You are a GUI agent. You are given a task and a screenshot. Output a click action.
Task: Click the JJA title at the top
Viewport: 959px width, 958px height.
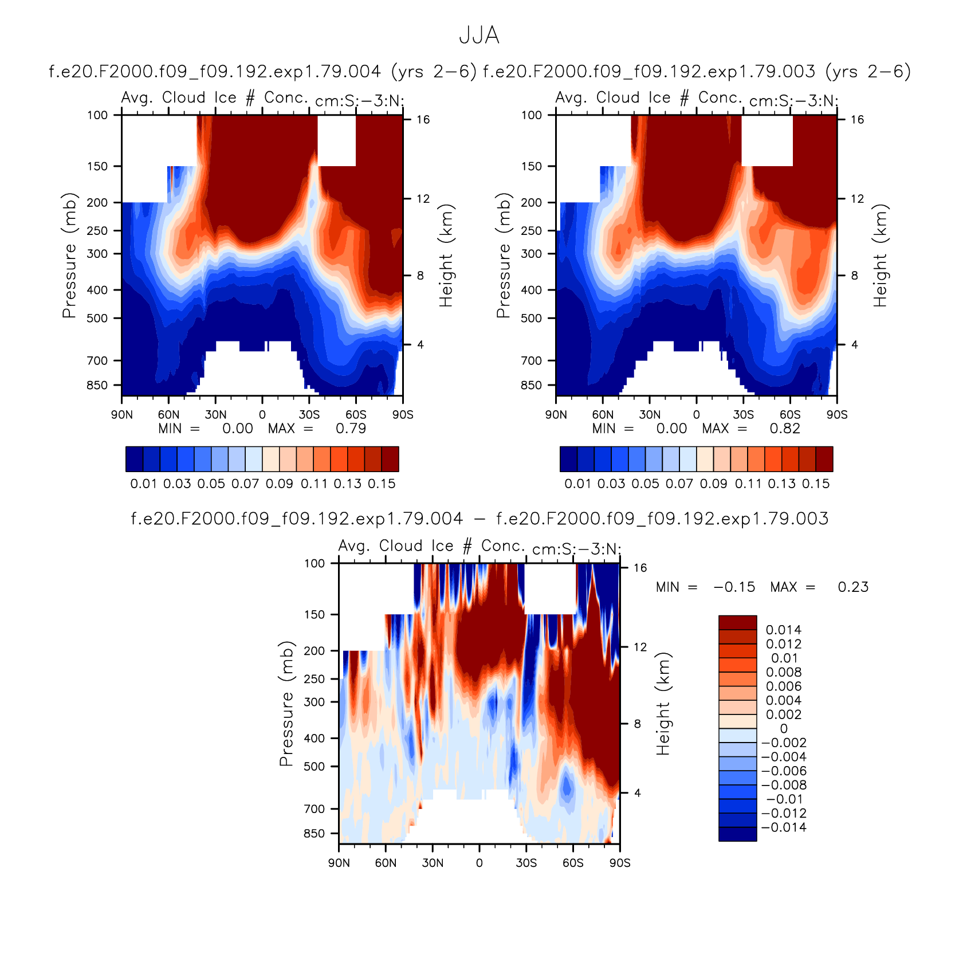tap(479, 36)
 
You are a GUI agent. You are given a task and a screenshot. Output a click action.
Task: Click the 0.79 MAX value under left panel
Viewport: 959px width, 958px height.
tap(351, 429)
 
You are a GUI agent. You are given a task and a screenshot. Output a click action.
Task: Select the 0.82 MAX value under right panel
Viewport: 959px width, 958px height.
tap(785, 429)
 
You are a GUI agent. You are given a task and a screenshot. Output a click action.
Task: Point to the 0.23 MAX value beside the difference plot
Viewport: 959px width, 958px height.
tap(853, 587)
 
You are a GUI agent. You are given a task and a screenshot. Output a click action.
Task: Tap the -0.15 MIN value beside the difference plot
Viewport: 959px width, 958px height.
tap(734, 587)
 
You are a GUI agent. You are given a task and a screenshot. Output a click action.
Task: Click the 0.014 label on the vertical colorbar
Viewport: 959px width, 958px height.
tap(784, 630)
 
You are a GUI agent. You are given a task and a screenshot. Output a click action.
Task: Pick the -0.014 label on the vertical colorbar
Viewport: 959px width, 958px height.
tap(784, 827)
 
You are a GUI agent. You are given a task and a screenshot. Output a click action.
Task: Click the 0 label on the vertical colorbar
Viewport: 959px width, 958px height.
tap(784, 729)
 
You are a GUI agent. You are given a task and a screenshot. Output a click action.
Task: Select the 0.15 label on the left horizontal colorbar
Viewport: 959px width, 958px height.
tap(382, 484)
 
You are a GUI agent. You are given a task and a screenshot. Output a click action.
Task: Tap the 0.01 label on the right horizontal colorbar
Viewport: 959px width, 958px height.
tap(577, 484)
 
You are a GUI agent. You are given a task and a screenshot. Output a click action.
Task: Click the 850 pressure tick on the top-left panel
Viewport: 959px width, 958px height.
tap(97, 385)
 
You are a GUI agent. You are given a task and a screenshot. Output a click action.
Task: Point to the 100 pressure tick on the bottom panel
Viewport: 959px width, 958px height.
tap(315, 563)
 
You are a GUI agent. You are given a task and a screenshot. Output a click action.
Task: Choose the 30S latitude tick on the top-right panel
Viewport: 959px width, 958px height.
tap(743, 414)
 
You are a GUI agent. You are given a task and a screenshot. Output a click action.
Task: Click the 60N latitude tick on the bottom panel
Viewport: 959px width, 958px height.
tap(386, 863)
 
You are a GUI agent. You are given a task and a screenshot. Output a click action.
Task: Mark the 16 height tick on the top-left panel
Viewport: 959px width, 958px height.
tap(423, 120)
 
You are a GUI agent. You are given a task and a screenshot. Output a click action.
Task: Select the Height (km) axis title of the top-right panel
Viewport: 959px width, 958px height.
tap(880, 255)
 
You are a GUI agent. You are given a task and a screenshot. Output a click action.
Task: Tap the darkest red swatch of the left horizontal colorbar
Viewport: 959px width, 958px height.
tap(390, 459)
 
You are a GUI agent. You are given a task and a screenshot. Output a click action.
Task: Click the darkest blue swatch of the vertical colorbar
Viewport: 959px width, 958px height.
tap(738, 834)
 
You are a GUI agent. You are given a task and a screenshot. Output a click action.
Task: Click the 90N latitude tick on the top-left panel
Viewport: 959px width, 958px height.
tap(122, 414)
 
